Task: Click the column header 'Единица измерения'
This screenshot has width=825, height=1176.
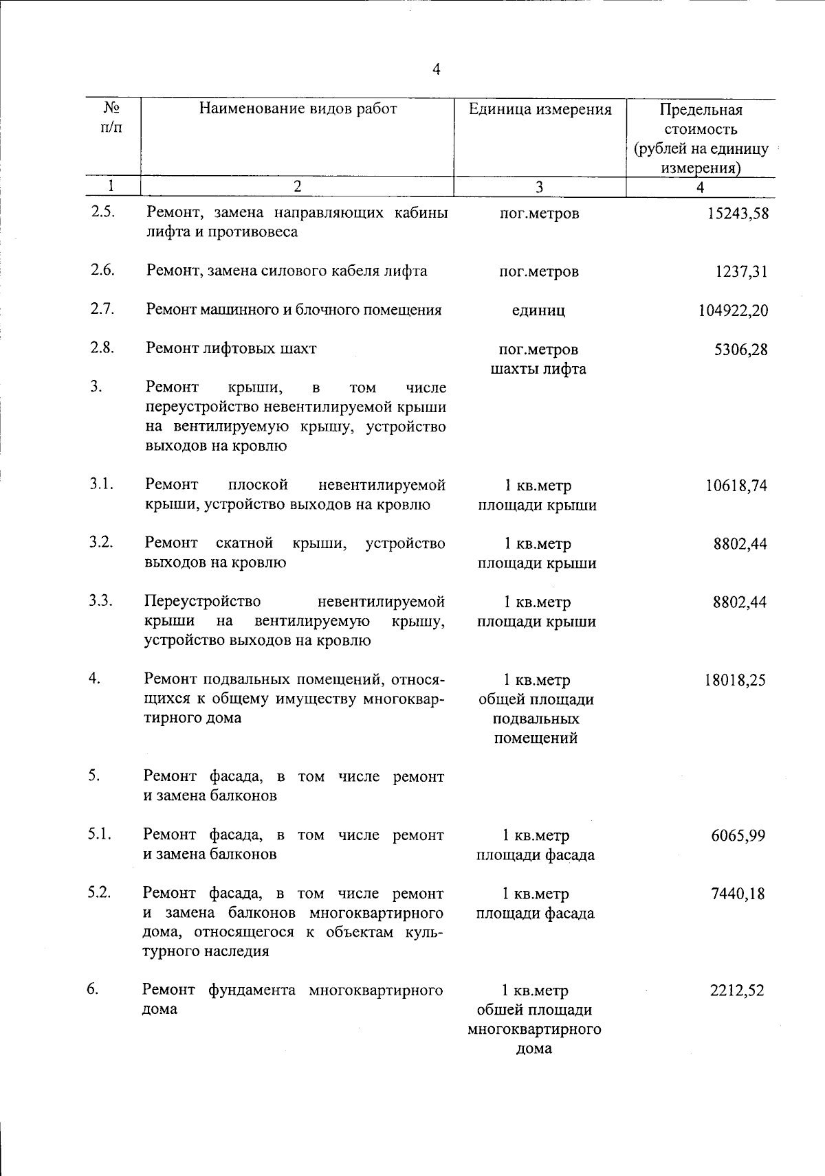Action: (x=540, y=109)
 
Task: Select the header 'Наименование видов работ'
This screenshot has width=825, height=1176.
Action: (x=298, y=109)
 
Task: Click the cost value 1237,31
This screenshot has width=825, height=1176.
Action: (x=741, y=272)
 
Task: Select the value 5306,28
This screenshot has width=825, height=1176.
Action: (x=741, y=350)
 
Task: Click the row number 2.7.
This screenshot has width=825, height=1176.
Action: (x=102, y=308)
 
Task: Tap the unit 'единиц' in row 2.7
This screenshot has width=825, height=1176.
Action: (x=539, y=311)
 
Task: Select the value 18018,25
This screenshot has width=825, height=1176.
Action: (x=735, y=681)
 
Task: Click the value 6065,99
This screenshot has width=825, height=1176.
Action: (x=738, y=837)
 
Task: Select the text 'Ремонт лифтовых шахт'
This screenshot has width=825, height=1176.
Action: (x=231, y=348)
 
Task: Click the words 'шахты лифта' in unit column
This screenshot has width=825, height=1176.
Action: (x=538, y=369)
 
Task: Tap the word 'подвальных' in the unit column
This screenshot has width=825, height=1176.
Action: (x=536, y=719)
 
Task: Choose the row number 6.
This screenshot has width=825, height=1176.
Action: (x=93, y=989)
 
